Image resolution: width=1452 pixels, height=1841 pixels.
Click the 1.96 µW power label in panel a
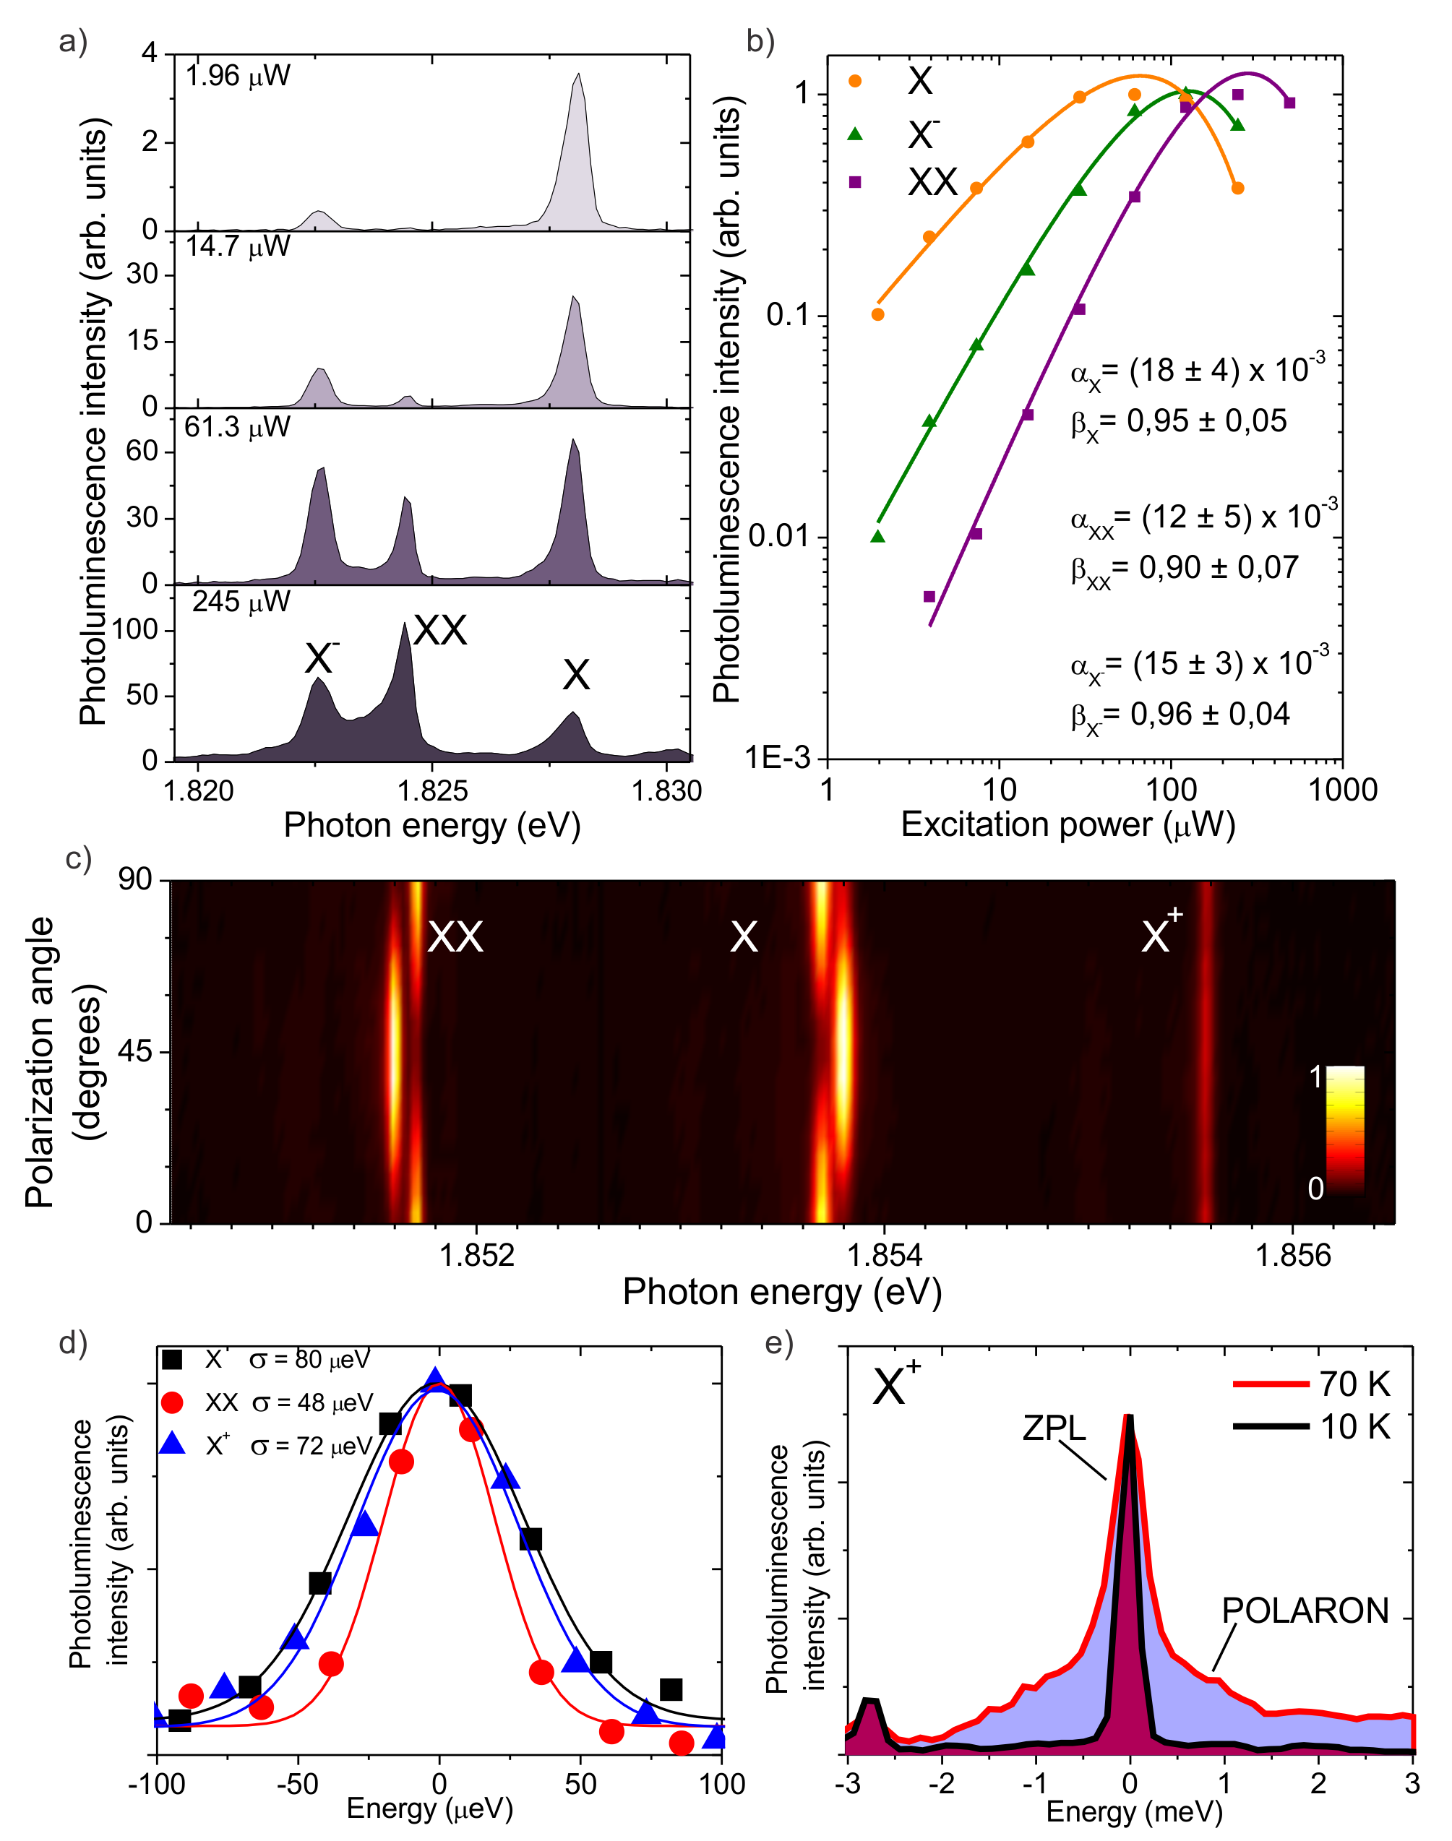click(237, 77)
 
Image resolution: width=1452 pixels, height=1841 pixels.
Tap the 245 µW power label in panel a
click(241, 602)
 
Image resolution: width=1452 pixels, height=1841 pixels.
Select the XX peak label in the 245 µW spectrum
click(439, 631)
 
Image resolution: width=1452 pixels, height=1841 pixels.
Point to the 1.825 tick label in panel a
click(433, 790)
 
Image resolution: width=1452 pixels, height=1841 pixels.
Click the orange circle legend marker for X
click(855, 82)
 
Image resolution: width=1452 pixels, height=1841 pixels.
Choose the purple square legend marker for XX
click(855, 182)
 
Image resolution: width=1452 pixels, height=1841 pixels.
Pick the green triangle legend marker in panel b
click(855, 134)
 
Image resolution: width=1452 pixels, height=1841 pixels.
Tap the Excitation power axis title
click(1067, 825)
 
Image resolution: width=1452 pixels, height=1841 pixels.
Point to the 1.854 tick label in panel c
click(885, 1254)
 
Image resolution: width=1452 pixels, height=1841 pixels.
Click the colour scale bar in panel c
click(1345, 1131)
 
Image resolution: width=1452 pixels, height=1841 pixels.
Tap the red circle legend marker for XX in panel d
click(173, 1402)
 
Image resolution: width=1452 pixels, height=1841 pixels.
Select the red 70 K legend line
click(1270, 1384)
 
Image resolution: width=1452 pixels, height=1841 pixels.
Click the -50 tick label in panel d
click(298, 1784)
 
